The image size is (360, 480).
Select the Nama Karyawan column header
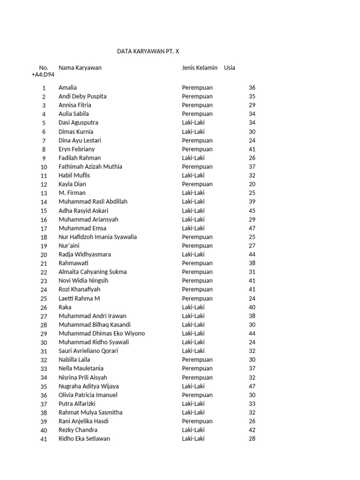click(80, 67)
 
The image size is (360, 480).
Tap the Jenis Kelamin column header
click(200, 67)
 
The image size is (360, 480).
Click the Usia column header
click(230, 67)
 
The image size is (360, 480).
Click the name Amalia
click(67, 88)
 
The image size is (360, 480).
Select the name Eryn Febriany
click(76, 149)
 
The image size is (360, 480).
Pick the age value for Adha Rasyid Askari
click(252, 210)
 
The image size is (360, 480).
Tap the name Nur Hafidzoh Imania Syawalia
click(97, 237)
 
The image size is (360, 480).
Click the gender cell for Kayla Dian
click(197, 184)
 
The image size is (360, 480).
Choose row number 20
click(44, 255)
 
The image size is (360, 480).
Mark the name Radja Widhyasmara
click(85, 255)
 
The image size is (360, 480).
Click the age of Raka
click(252, 307)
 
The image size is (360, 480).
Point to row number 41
click(44, 439)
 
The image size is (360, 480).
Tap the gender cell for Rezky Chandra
click(194, 430)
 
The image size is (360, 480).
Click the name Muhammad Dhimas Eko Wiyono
click(102, 333)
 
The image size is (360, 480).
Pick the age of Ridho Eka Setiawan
click(252, 439)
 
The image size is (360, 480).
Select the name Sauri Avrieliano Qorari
click(88, 351)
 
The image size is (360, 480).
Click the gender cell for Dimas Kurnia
click(194, 132)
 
